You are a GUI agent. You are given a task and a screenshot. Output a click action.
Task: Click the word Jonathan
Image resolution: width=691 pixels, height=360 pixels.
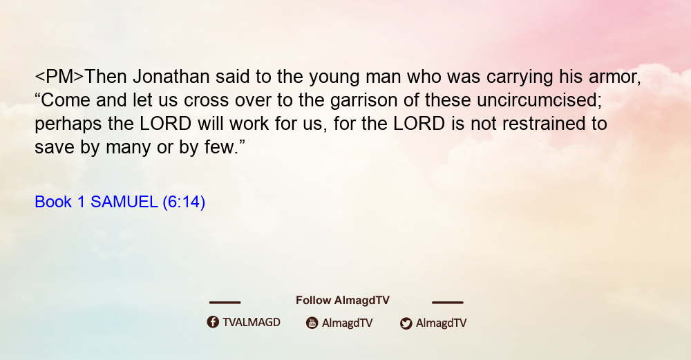pos(171,77)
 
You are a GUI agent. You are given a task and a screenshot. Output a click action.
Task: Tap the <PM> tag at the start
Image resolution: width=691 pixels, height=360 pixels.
pos(59,77)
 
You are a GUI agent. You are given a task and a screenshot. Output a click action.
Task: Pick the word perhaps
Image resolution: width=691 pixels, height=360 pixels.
pos(68,124)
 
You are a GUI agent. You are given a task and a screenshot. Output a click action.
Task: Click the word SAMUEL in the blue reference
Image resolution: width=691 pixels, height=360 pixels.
pos(124,202)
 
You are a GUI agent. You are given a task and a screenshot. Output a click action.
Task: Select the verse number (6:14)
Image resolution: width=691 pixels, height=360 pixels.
pos(184,202)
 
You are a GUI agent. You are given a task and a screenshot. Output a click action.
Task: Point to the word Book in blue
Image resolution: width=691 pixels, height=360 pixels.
pos(53,202)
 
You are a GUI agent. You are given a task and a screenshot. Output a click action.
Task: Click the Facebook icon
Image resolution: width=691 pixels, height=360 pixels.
pos(213,322)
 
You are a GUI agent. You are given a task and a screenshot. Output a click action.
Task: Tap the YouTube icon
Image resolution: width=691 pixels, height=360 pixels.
pos(312,323)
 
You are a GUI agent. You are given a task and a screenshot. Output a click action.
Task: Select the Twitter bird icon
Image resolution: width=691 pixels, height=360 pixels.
pos(406,323)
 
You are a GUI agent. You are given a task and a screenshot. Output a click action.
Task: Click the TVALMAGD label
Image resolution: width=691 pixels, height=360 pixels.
pos(252,323)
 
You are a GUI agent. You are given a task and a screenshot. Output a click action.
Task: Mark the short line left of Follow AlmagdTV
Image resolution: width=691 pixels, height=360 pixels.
pos(225,302)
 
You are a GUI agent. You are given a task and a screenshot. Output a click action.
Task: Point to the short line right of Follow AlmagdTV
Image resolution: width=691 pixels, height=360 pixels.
pos(448,302)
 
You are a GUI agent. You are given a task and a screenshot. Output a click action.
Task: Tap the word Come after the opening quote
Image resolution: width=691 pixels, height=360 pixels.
pos(66,100)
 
